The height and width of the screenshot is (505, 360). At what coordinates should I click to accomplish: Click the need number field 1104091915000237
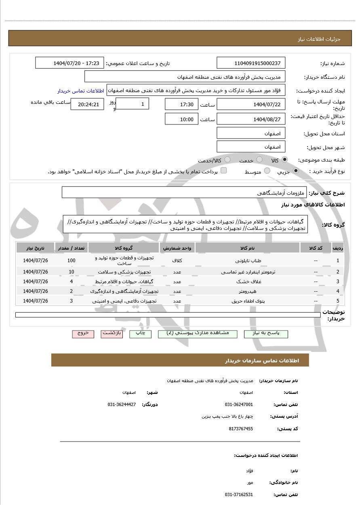251,63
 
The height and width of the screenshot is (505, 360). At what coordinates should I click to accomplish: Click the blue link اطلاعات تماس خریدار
80,91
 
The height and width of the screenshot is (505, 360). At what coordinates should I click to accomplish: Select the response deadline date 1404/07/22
251,105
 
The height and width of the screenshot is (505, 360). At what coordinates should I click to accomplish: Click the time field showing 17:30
181,105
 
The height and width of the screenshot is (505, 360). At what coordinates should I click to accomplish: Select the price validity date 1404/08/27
251,119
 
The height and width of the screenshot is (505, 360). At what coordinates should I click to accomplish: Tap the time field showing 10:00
181,119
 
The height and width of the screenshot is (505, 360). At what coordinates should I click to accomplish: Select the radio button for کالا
285,160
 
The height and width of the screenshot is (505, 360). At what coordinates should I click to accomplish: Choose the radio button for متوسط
267,171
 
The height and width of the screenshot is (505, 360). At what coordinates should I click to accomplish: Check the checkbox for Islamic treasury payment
223,171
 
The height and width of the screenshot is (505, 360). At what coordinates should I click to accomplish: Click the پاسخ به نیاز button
266,333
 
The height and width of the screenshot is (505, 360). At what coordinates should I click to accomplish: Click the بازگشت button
112,333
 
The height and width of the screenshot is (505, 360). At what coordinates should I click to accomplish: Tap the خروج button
83,333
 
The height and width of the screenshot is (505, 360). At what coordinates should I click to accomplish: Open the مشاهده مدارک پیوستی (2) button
198,333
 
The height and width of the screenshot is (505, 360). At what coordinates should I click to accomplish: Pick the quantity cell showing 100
71,261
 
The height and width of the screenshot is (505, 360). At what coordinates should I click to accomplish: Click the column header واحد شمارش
177,248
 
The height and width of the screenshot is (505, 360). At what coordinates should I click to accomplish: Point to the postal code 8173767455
241,429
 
